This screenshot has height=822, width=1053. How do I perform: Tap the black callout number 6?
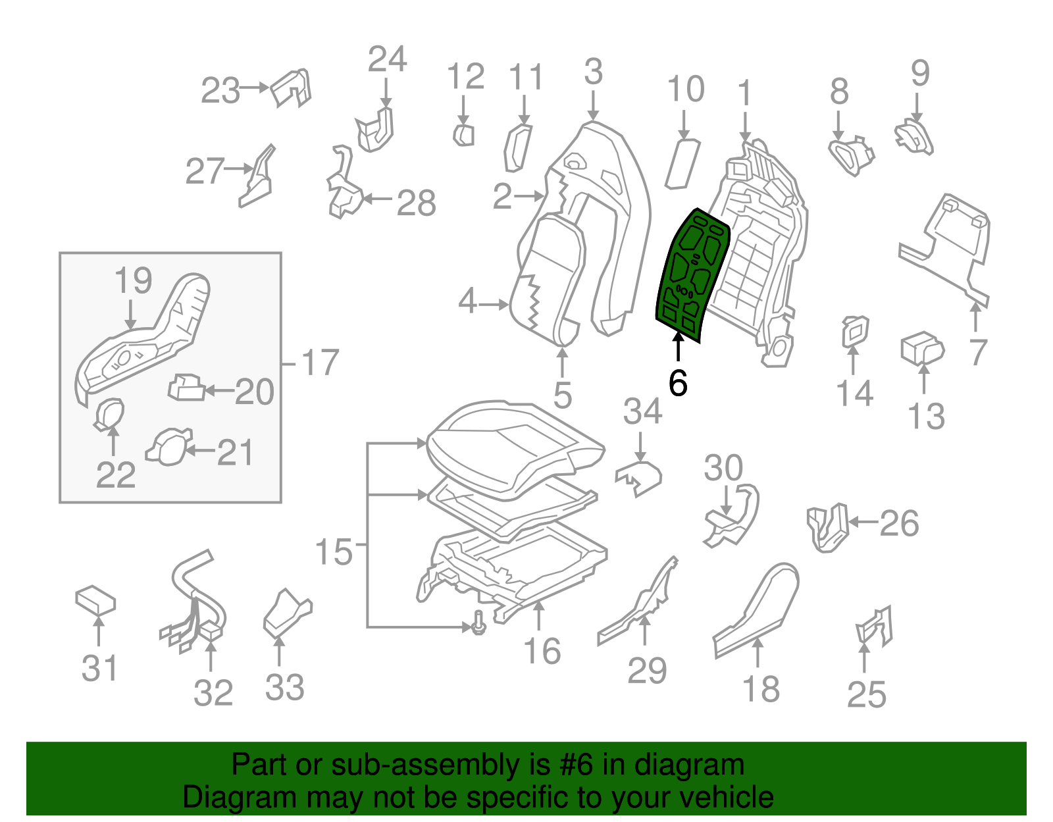pyautogui.click(x=678, y=382)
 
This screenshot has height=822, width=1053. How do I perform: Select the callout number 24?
pyautogui.click(x=387, y=59)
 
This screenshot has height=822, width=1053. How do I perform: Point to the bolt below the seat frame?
pyautogui.click(x=478, y=622)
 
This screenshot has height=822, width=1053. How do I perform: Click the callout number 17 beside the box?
pyautogui.click(x=320, y=363)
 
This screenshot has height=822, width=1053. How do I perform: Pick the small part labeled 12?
pyautogui.click(x=464, y=135)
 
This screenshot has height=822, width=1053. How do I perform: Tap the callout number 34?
pyautogui.click(x=642, y=411)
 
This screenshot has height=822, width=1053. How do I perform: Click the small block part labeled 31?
pyautogui.click(x=96, y=600)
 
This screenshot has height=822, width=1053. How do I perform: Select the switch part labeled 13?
pyautogui.click(x=922, y=348)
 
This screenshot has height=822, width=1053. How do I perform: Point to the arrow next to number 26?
pyautogui.click(x=863, y=523)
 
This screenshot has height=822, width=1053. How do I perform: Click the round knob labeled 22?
pyautogui.click(x=110, y=413)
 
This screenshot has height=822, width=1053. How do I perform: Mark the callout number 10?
pyautogui.click(x=686, y=89)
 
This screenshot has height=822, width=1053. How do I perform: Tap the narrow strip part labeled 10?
pyautogui.click(x=682, y=163)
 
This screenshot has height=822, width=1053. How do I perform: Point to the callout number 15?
pyautogui.click(x=334, y=552)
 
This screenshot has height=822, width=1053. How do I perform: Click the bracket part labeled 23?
pyautogui.click(x=292, y=88)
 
